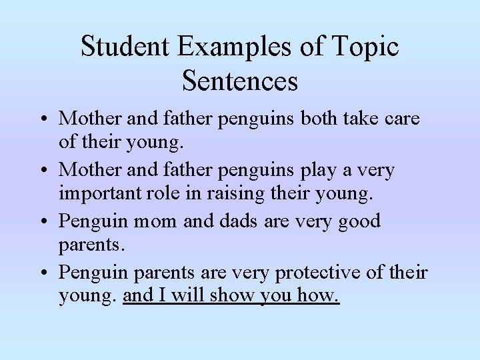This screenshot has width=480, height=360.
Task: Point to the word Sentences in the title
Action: click(x=239, y=81)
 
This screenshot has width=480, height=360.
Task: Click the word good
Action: click(x=357, y=222)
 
